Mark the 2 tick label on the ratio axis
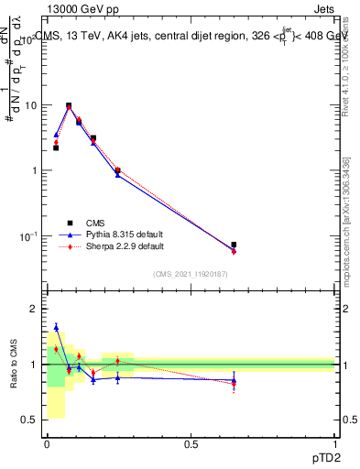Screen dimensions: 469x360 pos(33,309)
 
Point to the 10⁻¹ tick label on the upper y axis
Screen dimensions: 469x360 pos(28,236)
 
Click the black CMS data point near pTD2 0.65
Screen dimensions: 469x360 pos(234,245)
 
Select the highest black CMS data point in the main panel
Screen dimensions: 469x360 pos(69,105)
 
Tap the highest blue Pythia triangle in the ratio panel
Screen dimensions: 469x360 pos(56,327)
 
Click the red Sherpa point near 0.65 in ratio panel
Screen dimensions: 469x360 pos(234,385)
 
